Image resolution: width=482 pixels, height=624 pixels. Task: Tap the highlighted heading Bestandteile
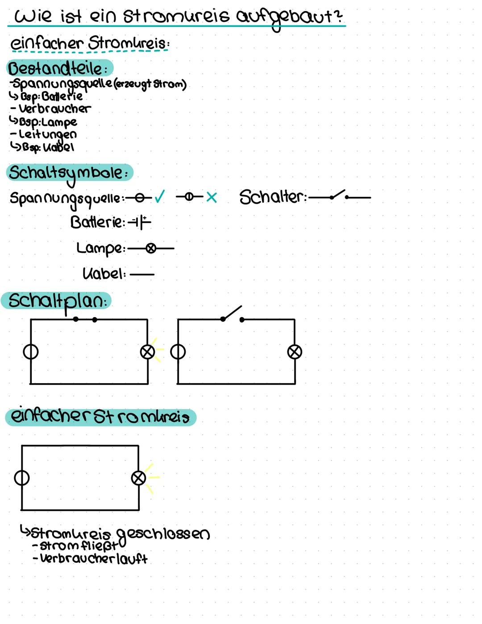pos(58,68)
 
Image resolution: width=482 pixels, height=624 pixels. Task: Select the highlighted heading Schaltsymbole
pos(69,173)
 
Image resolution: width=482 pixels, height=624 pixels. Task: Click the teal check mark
pos(159,197)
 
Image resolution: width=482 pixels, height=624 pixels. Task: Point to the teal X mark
pos(212,197)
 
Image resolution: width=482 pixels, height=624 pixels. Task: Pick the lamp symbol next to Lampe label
pos(151,248)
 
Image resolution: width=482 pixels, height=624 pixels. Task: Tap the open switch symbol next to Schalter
pos(339,196)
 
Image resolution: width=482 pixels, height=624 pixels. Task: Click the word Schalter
pos(272,197)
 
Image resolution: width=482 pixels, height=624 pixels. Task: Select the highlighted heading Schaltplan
pos(57,301)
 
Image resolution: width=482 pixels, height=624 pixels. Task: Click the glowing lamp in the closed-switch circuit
pos(147,352)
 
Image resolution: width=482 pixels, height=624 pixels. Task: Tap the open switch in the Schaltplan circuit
pos(232,314)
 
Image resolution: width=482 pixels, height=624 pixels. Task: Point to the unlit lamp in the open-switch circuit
pos(295,352)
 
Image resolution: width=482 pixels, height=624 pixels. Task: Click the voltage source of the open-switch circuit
pos(178,352)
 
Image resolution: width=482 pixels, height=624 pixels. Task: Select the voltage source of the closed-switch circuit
pos(31,352)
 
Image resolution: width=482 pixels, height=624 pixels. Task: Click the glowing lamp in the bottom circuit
pos(138,478)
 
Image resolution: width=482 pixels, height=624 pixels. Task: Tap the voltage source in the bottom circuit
pos(22,478)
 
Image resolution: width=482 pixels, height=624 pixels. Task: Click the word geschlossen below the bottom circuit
pos(162,534)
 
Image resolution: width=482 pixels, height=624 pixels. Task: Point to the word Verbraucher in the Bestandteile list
pos(54,109)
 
